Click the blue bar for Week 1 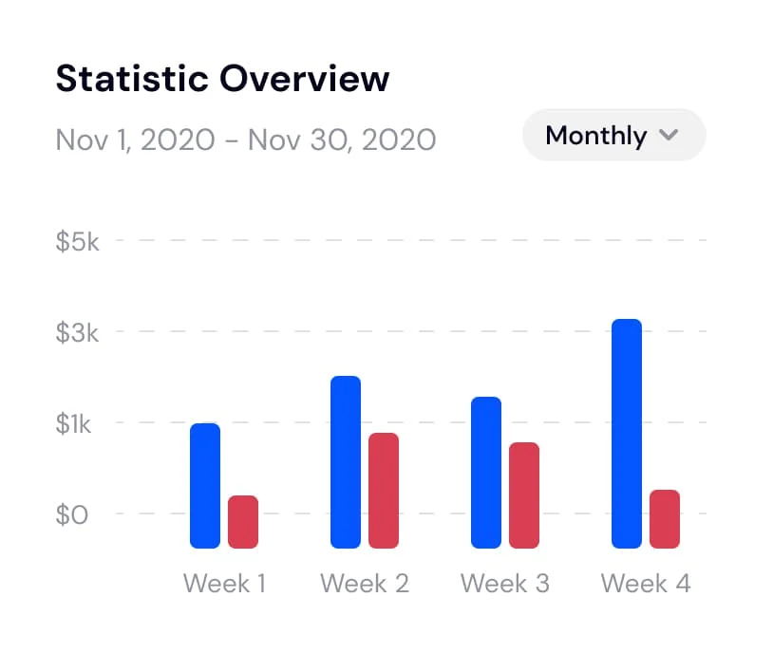point(205,485)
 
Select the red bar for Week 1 point(243,521)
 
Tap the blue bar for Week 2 point(346,461)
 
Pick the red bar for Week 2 point(384,490)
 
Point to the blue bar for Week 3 point(486,472)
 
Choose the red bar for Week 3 point(524,494)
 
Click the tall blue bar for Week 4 point(627,433)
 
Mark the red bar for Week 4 point(665,518)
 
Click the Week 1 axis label point(224,583)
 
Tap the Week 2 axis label point(365,583)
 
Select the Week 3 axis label point(505,583)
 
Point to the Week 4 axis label point(646,583)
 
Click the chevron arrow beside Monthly point(669,135)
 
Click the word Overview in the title point(306,79)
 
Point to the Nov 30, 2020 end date point(342,140)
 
